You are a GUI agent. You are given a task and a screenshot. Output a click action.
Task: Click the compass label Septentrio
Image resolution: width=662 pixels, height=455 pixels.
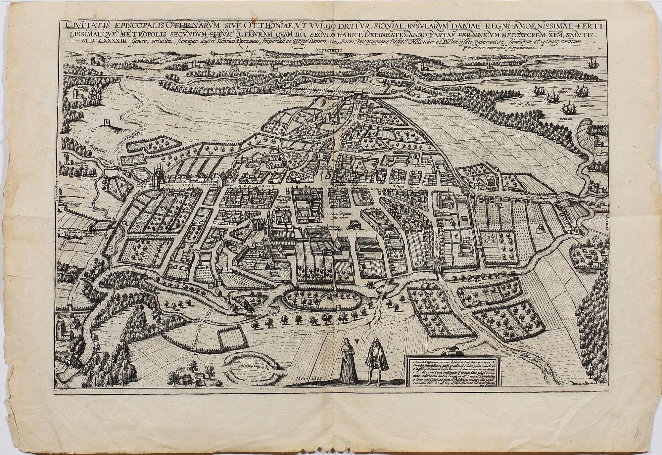click(x=329, y=50)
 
